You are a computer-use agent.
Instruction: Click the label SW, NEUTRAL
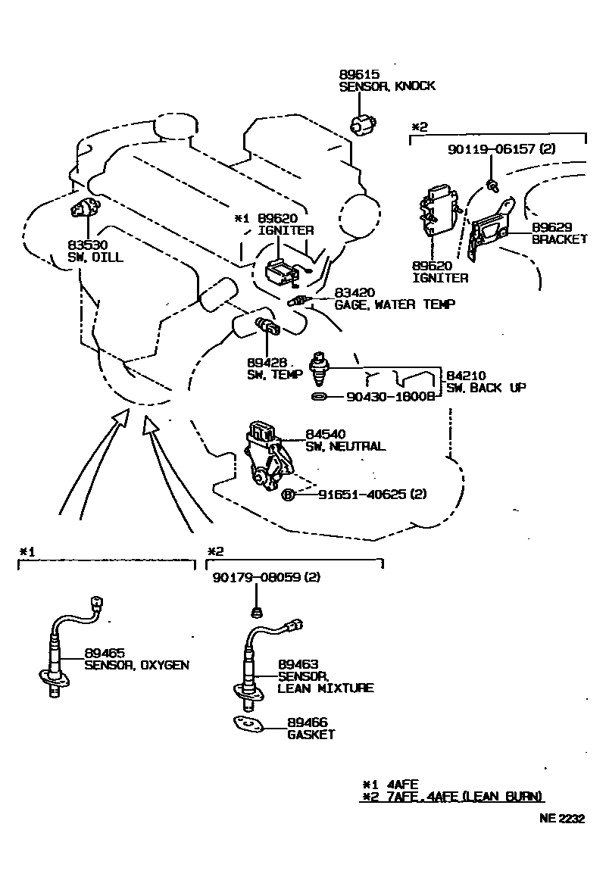(345, 447)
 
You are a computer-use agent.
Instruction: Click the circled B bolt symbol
(288, 495)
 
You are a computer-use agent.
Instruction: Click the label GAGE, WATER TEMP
(395, 305)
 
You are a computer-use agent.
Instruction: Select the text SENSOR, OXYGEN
(136, 666)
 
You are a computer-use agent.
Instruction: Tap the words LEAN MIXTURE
(325, 688)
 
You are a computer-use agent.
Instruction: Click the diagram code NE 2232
(562, 818)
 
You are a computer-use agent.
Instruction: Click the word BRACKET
(559, 239)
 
